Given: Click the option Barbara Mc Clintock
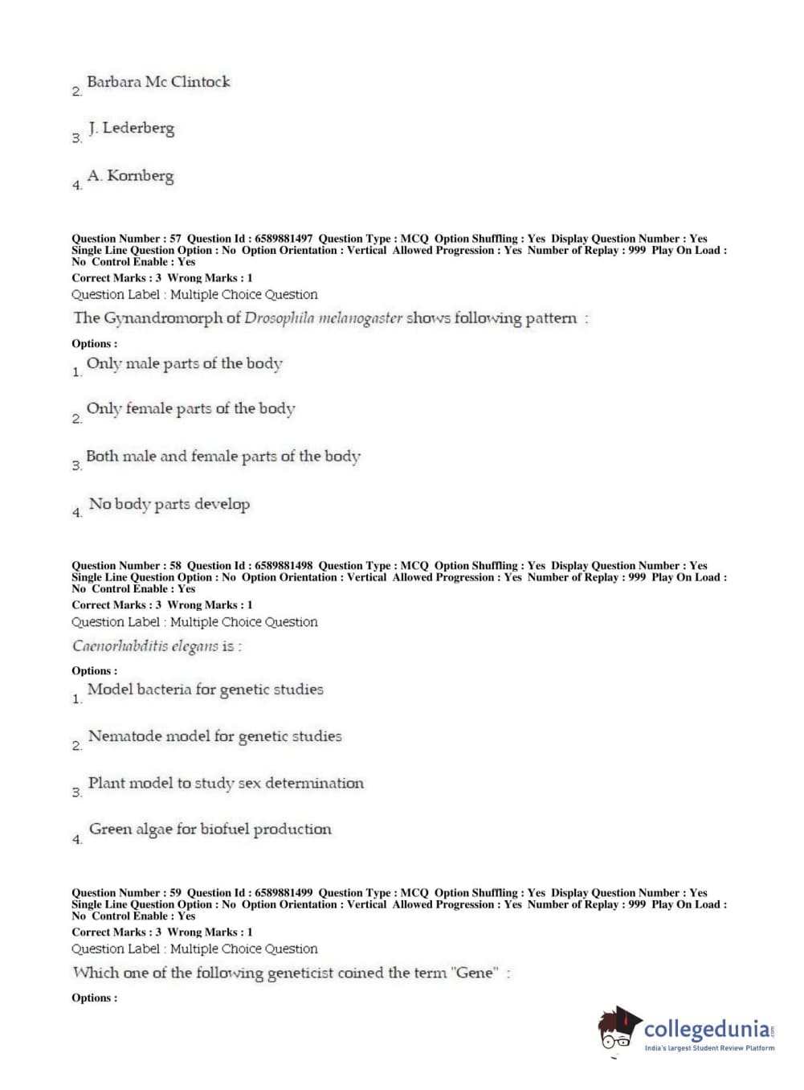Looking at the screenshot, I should click(158, 82).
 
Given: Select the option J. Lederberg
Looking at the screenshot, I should click(131, 129).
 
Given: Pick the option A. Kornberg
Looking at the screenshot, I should click(130, 176).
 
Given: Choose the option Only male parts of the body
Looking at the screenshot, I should click(184, 363).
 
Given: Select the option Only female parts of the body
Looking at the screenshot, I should click(190, 409).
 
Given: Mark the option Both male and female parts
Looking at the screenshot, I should click(222, 457).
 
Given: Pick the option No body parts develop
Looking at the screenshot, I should click(169, 504).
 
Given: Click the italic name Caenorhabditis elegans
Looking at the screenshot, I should click(145, 646).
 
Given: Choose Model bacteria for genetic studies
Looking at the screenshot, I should click(205, 690).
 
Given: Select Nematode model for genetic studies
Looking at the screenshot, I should click(214, 736).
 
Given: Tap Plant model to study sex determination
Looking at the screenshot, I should click(225, 784).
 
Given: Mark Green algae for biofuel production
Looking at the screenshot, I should click(210, 830).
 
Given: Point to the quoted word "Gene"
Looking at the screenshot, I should click(475, 973).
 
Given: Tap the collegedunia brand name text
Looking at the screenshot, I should click(706, 1029).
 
